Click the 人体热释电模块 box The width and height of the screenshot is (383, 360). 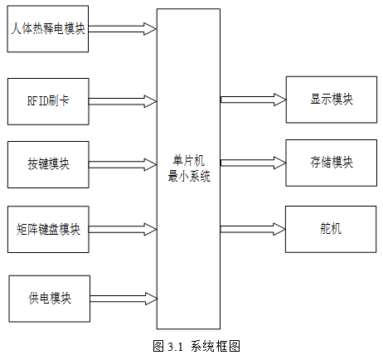click(x=48, y=29)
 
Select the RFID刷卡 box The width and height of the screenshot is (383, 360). click(x=48, y=101)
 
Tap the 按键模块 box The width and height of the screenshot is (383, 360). click(x=48, y=165)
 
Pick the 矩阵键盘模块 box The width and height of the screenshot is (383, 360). click(x=48, y=229)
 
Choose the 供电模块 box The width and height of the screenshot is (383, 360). click(x=50, y=299)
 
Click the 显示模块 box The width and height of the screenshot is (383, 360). click(x=332, y=100)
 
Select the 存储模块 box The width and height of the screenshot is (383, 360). click(x=332, y=163)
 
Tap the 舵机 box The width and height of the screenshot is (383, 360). click(x=331, y=229)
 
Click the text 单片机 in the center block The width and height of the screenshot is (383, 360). click(x=189, y=161)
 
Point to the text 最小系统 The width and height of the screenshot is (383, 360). click(x=189, y=176)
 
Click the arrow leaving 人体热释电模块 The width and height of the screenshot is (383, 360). click(x=123, y=29)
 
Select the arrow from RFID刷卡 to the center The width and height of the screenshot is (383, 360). click(x=123, y=101)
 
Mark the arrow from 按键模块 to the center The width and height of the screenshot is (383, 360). click(x=123, y=165)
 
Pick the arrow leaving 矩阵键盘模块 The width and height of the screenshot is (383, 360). click(x=123, y=229)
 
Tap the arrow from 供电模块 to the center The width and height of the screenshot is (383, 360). click(x=124, y=299)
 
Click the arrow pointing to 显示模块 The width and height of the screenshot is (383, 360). click(x=253, y=100)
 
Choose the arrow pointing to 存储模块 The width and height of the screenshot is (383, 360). click(x=253, y=163)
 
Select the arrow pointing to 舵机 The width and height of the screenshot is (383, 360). click(x=253, y=229)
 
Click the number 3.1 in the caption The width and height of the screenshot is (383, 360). click(x=175, y=347)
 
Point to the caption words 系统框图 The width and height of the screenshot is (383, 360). click(x=216, y=346)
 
